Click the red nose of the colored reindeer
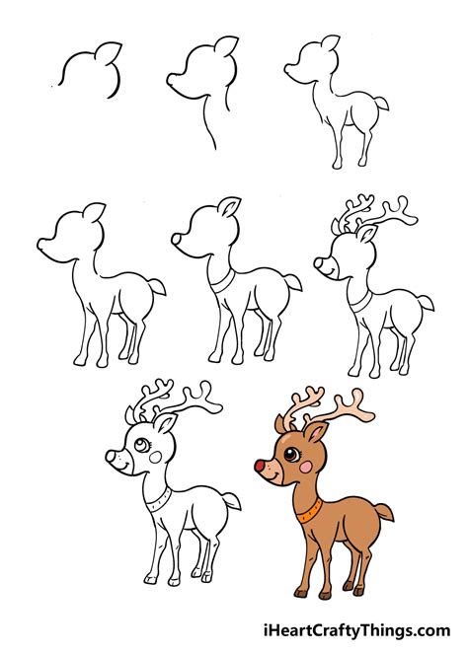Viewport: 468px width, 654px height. point(261,464)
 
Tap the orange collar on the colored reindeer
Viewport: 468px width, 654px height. point(307,512)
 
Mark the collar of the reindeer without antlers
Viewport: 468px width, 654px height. point(222,282)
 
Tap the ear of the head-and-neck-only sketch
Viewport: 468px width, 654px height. point(226,47)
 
